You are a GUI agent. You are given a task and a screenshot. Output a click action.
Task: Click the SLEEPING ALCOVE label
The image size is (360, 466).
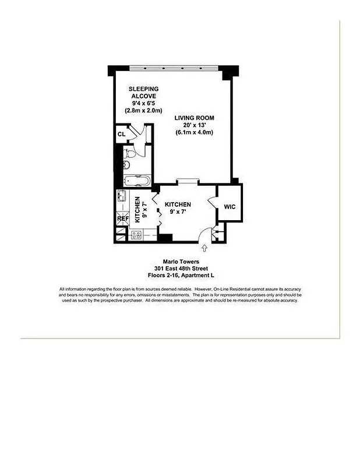click(143, 93)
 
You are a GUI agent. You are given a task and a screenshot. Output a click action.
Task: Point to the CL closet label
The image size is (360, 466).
click(121, 135)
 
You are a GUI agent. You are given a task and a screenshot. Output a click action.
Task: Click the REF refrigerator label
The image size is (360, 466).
click(123, 219)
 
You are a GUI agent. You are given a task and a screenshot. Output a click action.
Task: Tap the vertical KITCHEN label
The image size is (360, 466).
click(138, 210)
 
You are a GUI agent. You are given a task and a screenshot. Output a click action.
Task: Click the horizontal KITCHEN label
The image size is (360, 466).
click(178, 204)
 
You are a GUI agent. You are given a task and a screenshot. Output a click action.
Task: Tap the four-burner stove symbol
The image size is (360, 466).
click(136, 235)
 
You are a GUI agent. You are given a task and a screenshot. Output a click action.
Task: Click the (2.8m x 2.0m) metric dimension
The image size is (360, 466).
click(143, 111)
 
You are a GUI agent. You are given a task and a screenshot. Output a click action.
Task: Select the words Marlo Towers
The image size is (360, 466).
click(180, 262)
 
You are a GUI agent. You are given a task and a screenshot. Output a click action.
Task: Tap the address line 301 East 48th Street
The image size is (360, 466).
click(180, 269)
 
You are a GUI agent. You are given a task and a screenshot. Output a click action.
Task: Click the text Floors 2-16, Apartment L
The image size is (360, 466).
click(180, 275)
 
